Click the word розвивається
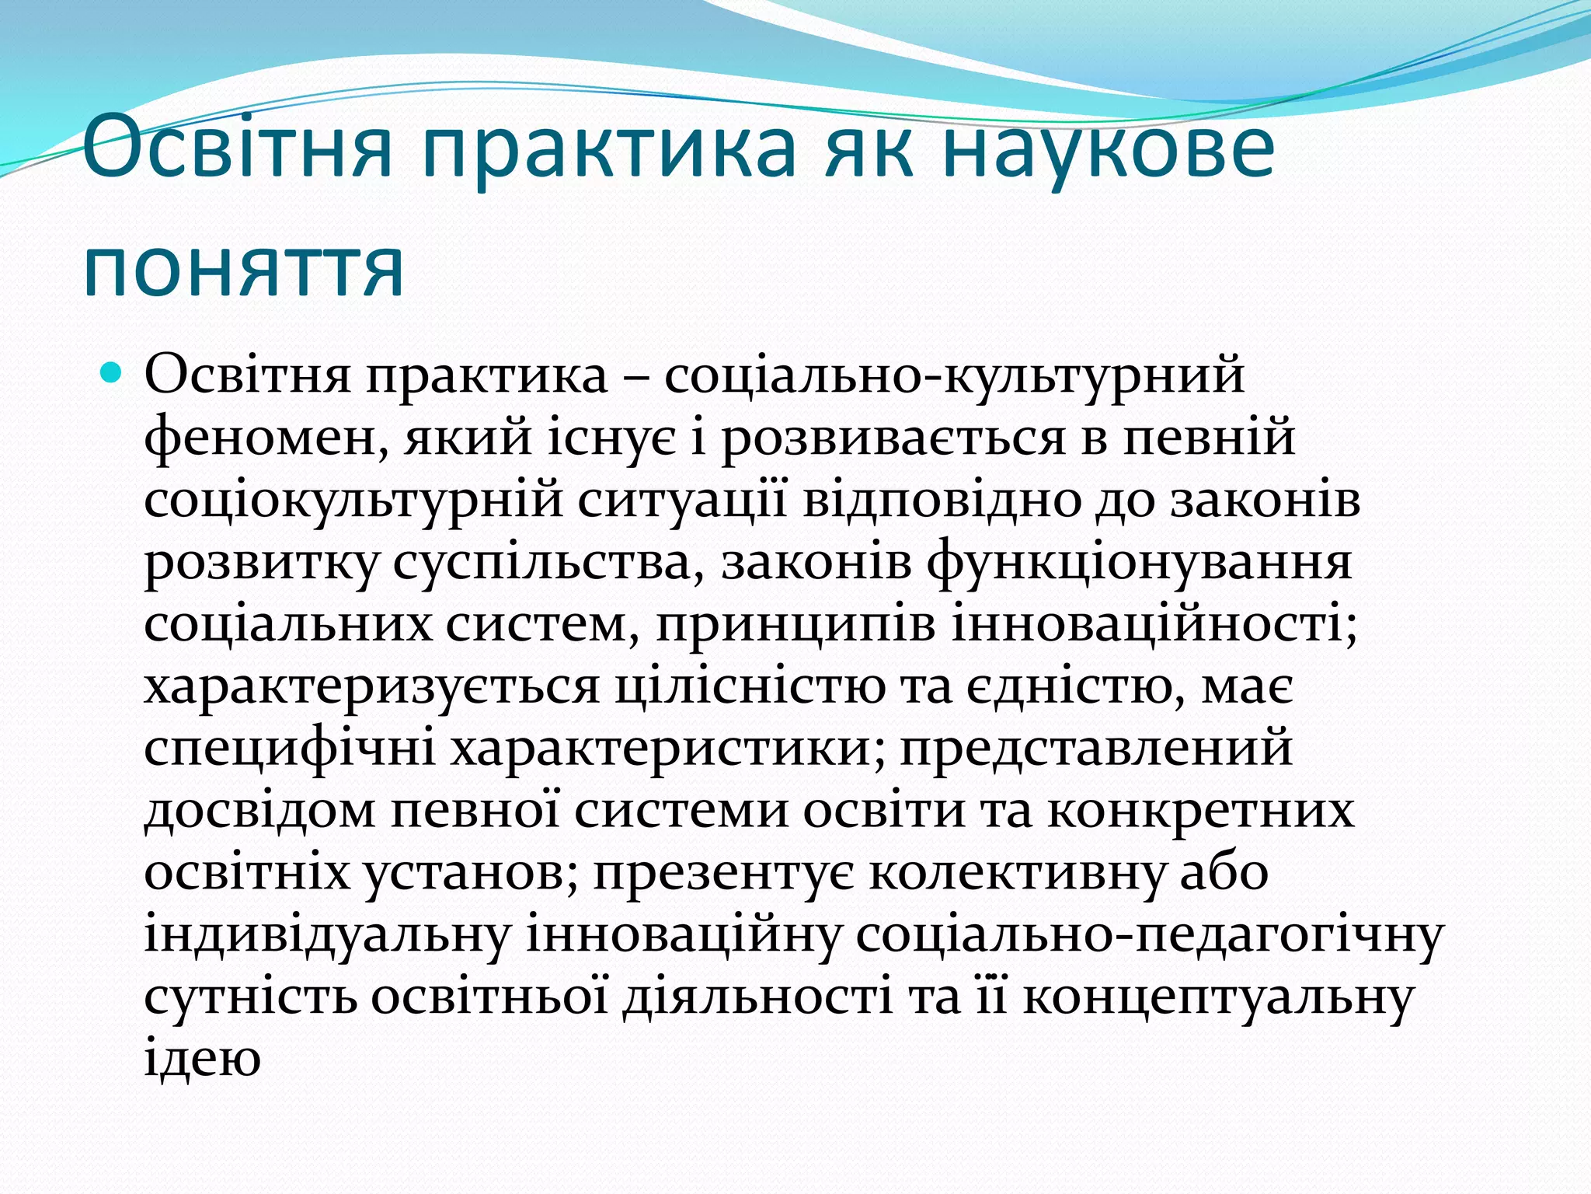pyautogui.click(x=893, y=438)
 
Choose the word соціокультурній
pyautogui.click(x=353, y=500)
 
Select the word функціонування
pyautogui.click(x=1139, y=562)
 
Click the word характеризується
pyautogui.click(x=372, y=687)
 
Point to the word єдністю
pyautogui.click(x=1075, y=687)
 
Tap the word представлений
pyautogui.click(x=1096, y=749)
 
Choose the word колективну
pyautogui.click(x=1018, y=874)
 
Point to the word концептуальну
pyautogui.click(x=1217, y=998)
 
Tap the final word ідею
pyautogui.click(x=202, y=1060)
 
